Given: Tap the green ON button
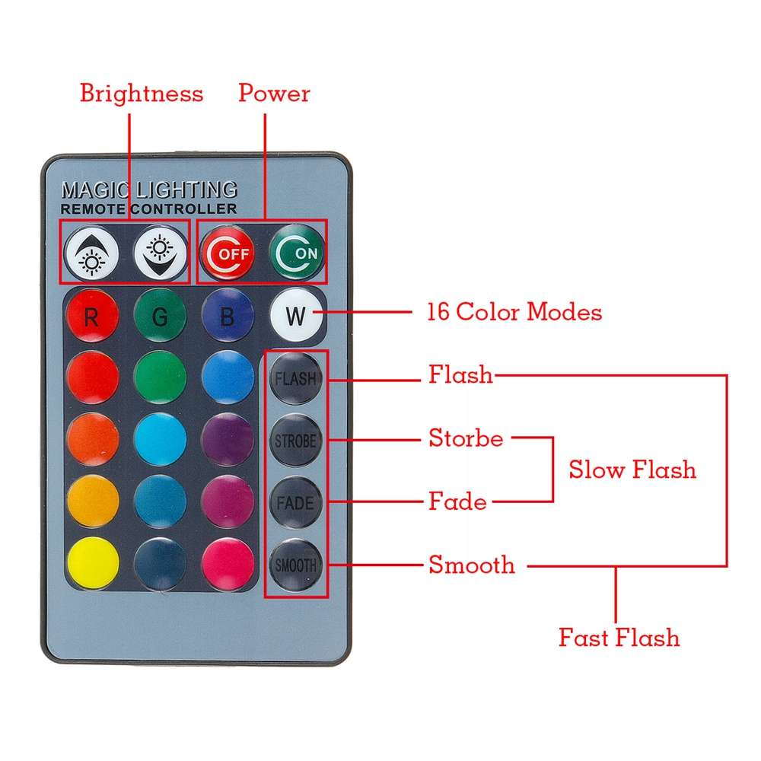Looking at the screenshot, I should [x=297, y=252].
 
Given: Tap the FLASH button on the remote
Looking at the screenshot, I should [x=296, y=378].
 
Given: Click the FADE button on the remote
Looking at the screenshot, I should [x=296, y=503].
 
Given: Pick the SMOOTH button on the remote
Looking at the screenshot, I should [x=296, y=565].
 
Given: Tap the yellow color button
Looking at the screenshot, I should [x=92, y=565].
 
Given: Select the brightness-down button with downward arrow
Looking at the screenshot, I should [x=160, y=252].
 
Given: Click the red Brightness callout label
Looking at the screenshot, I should [x=142, y=94].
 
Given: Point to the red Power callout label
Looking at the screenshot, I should [x=274, y=94].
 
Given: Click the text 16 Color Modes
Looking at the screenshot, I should [x=514, y=312].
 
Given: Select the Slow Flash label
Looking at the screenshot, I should [x=632, y=470].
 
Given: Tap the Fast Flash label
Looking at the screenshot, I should [x=619, y=637].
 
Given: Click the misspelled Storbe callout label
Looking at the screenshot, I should [x=466, y=438].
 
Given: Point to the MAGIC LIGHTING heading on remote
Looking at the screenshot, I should [x=149, y=189].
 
